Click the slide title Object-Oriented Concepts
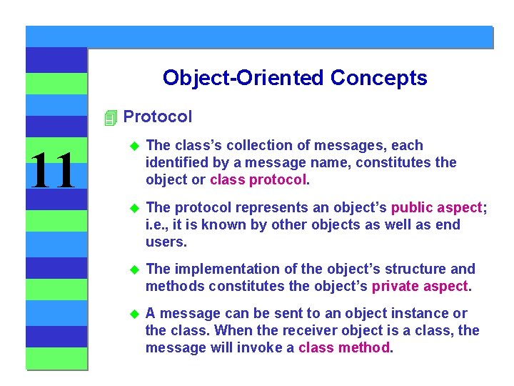[294, 78]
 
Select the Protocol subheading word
[158, 117]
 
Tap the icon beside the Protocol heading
[109, 117]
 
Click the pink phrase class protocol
[258, 179]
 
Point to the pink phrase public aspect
[440, 207]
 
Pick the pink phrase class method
[344, 347]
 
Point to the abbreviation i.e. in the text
[156, 224]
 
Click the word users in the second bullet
[166, 242]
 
